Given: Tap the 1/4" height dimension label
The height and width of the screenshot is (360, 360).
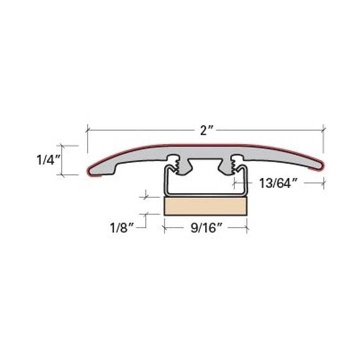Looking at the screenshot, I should pos(48,160).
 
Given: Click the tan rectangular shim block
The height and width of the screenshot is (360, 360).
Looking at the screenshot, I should pos(205,205).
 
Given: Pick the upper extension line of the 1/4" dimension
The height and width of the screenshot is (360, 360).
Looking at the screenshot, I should pos(70,145).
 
